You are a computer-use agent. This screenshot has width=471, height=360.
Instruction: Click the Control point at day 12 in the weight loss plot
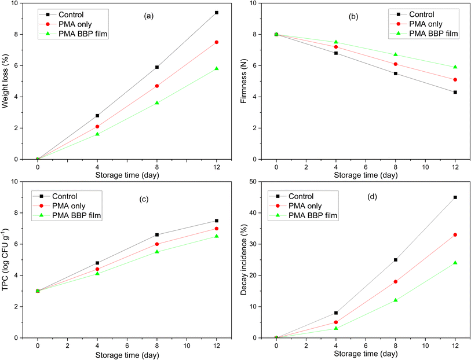coord(217,12)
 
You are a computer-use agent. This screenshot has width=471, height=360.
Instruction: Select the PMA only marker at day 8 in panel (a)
coord(157,86)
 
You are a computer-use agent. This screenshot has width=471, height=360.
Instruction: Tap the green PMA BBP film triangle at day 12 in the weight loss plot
coord(217,68)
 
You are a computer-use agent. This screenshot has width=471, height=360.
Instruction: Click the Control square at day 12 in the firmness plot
coord(455,92)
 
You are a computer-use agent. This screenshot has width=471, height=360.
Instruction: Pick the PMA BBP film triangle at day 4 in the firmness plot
coord(336,42)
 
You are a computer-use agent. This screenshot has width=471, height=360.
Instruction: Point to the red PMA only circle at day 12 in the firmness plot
coord(455,79)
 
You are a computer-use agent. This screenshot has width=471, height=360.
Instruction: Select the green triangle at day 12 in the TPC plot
coord(217,236)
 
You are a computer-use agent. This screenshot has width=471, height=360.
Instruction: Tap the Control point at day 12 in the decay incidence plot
coord(455,197)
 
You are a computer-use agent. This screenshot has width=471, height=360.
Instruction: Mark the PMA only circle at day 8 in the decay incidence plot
coord(396,281)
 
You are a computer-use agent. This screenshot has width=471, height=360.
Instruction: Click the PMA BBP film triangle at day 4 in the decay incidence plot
coord(336,328)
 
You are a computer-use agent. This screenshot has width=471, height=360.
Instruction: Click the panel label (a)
coord(148,16)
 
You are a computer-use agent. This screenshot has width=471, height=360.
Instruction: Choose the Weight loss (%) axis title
coord(9,81)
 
